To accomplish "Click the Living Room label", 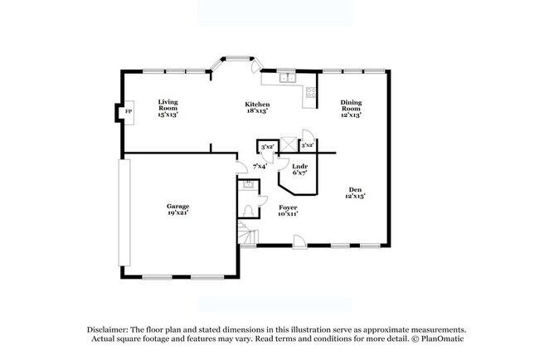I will pos(168,105).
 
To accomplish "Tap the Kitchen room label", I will pos(256,105).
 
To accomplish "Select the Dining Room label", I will pos(351,105).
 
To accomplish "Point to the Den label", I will pos(355,190).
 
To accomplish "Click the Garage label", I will pos(177,206).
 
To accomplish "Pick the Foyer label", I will pos(288,207).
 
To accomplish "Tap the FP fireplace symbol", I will pos(128,112).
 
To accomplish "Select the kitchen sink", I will pos(285,79).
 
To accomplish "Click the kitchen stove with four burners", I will pos(312,93).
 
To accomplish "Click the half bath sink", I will pos(247,185).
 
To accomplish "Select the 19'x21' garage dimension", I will pos(177,212).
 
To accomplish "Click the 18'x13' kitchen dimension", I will pos(256,110).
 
